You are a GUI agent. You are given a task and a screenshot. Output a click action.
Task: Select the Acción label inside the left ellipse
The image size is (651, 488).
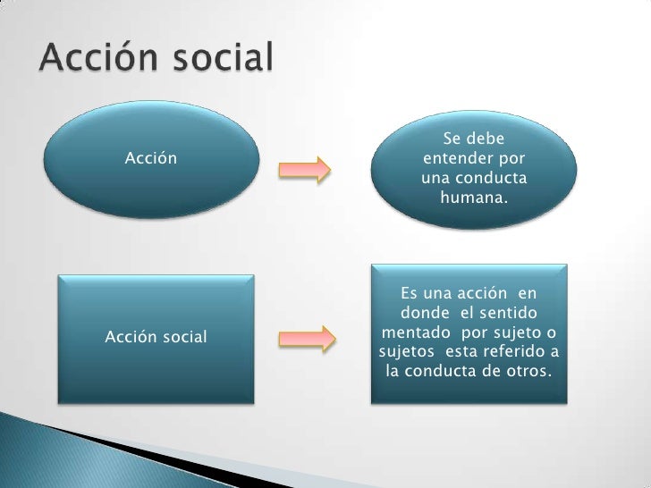tap(150, 159)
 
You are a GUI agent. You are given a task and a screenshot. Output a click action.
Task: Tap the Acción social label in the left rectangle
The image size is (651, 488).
tap(156, 337)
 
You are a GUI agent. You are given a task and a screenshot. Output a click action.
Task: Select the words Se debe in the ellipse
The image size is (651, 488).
tap(473, 139)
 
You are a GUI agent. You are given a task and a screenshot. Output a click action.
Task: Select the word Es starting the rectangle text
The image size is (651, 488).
tap(410, 293)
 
